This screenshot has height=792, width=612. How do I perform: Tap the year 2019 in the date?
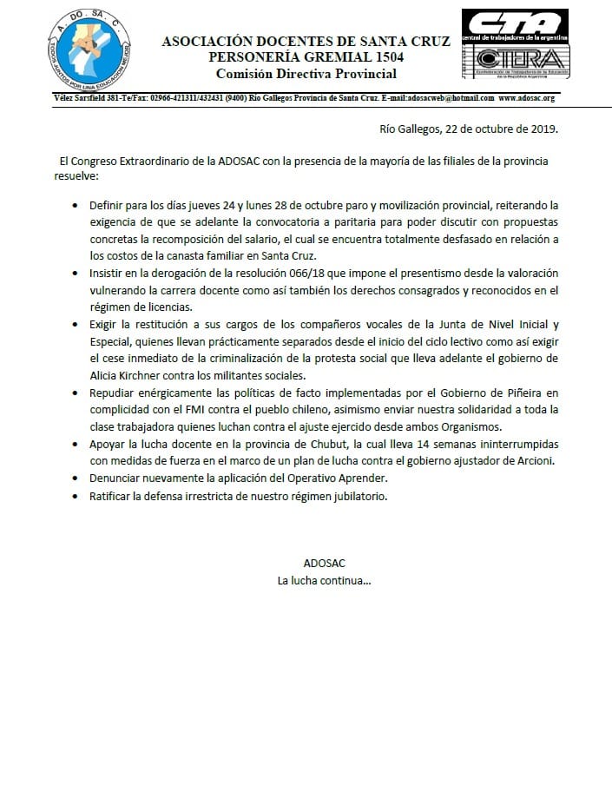(x=541, y=130)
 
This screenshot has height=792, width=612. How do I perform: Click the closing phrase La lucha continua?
(x=324, y=579)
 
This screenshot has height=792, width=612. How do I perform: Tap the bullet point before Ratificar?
(x=77, y=497)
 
